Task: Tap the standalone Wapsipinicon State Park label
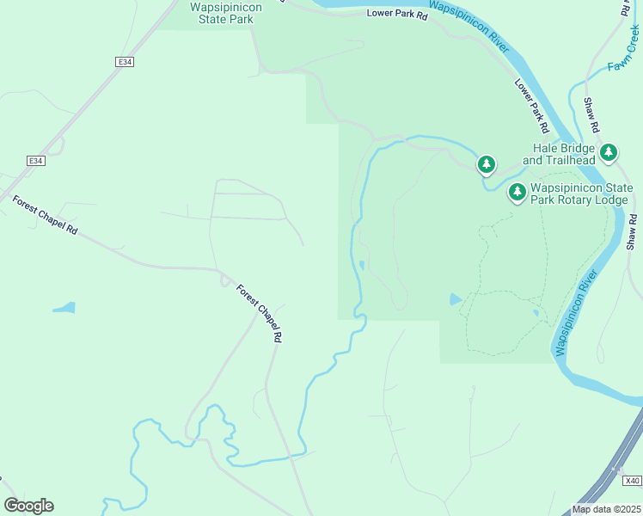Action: click(x=225, y=11)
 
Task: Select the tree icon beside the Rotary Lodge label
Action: click(x=517, y=193)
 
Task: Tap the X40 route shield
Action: click(x=632, y=481)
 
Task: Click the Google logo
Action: click(x=28, y=506)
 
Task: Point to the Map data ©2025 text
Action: click(x=606, y=509)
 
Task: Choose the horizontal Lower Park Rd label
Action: click(x=396, y=14)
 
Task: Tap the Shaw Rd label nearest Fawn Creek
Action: click(x=591, y=114)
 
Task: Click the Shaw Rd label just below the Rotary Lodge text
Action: click(x=634, y=231)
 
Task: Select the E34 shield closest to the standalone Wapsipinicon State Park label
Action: click(x=126, y=62)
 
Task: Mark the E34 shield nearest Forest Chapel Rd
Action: click(x=35, y=161)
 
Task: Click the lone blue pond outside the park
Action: click(x=64, y=307)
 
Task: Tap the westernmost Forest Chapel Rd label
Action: click(x=45, y=216)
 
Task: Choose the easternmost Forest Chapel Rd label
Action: click(x=260, y=314)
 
